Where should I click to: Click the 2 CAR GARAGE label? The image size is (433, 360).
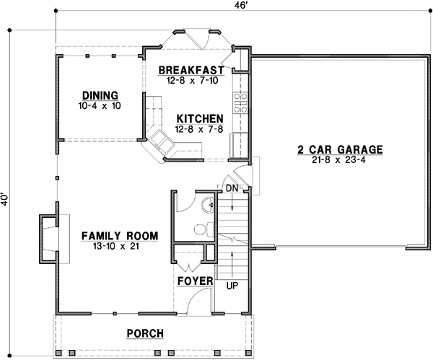[338, 150]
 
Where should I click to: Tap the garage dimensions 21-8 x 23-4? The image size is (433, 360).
[338, 161]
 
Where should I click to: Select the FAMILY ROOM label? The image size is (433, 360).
[119, 236]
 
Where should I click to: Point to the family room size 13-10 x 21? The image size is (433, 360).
[119, 247]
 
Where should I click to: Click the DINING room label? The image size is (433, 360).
[100, 95]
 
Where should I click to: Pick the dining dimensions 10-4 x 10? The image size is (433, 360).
[100, 105]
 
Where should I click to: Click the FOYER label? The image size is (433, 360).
[194, 280]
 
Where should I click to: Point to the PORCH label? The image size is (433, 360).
[144, 333]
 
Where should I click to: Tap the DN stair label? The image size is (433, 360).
[232, 188]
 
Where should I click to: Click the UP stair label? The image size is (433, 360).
[232, 286]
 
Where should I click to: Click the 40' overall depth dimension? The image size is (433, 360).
[6, 199]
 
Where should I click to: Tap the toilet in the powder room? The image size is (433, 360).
[201, 229]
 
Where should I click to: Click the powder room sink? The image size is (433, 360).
[208, 204]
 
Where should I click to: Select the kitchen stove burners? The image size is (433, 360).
[240, 99]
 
